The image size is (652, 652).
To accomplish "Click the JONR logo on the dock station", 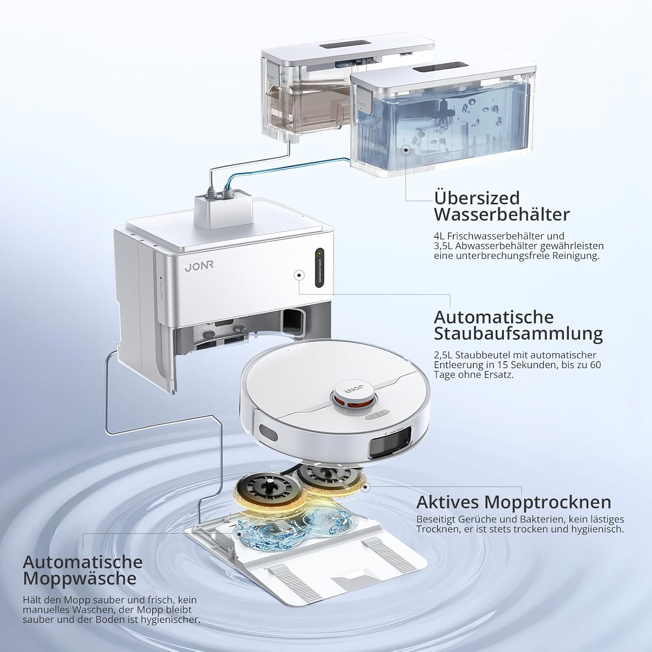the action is (199, 266).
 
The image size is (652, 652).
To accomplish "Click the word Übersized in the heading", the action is (477, 198).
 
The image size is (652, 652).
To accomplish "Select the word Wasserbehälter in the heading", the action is (502, 214).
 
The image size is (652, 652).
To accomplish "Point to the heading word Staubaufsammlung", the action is (518, 334).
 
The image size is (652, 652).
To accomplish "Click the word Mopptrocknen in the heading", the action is (548, 502).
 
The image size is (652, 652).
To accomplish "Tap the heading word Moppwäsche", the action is (80, 579).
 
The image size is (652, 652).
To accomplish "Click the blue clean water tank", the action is (443, 124).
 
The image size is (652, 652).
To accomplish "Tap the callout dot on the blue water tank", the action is (406, 150).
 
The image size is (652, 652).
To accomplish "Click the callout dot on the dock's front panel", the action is (299, 275).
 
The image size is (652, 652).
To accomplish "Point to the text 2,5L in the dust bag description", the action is (443, 356).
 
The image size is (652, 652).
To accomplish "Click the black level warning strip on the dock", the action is (320, 267).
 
